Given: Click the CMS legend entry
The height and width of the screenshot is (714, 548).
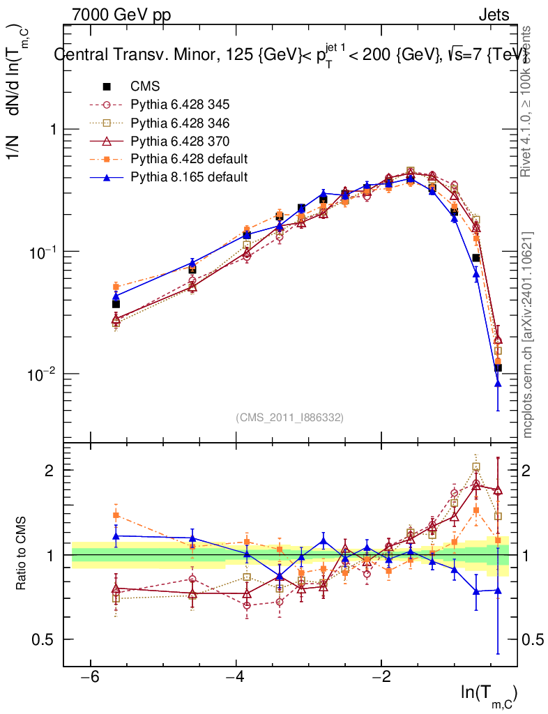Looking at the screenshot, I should pos(145,86).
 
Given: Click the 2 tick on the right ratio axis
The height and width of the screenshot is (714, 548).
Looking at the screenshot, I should pos(528,470).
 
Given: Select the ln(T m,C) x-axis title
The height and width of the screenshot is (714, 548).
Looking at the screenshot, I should pos(489,694).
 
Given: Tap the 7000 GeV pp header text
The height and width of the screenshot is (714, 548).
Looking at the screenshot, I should pos(121,15).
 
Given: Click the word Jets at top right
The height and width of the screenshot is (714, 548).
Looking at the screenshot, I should pos(493,15).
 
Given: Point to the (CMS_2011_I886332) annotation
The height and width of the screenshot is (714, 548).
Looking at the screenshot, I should pos(289,417).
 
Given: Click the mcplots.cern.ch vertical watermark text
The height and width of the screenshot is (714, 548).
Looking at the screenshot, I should pos(528,335).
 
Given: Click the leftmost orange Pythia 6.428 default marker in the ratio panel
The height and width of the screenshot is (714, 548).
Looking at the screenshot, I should pos(116,515).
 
